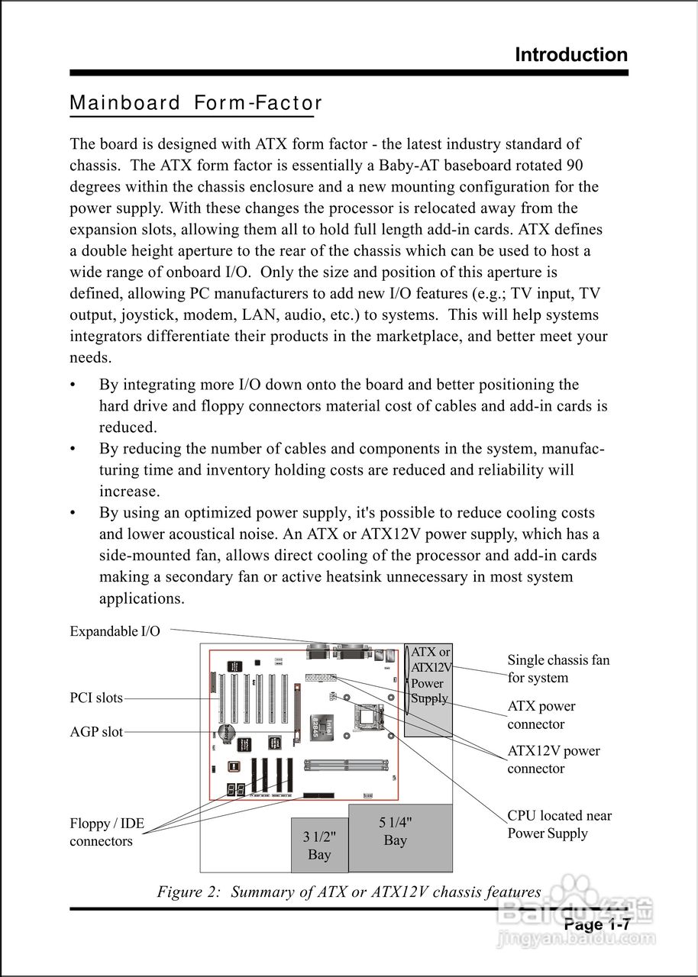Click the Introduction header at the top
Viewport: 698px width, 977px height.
point(571,55)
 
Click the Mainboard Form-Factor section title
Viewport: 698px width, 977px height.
point(196,103)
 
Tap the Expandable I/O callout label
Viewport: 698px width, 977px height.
point(115,631)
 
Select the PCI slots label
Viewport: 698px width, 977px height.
point(96,698)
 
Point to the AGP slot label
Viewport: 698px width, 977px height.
point(96,732)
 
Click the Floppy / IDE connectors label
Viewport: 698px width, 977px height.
point(107,833)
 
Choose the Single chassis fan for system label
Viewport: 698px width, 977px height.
point(558,669)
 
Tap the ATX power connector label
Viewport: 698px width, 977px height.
point(541,715)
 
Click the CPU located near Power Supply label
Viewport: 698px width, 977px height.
point(559,824)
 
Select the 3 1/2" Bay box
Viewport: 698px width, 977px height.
point(319,845)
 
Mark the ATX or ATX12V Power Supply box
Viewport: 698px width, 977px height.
point(429,690)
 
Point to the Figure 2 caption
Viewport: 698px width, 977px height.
point(349,892)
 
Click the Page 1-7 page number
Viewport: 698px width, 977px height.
point(596,925)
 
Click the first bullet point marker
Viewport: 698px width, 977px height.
point(73,385)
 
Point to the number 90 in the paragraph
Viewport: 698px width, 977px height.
point(575,165)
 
